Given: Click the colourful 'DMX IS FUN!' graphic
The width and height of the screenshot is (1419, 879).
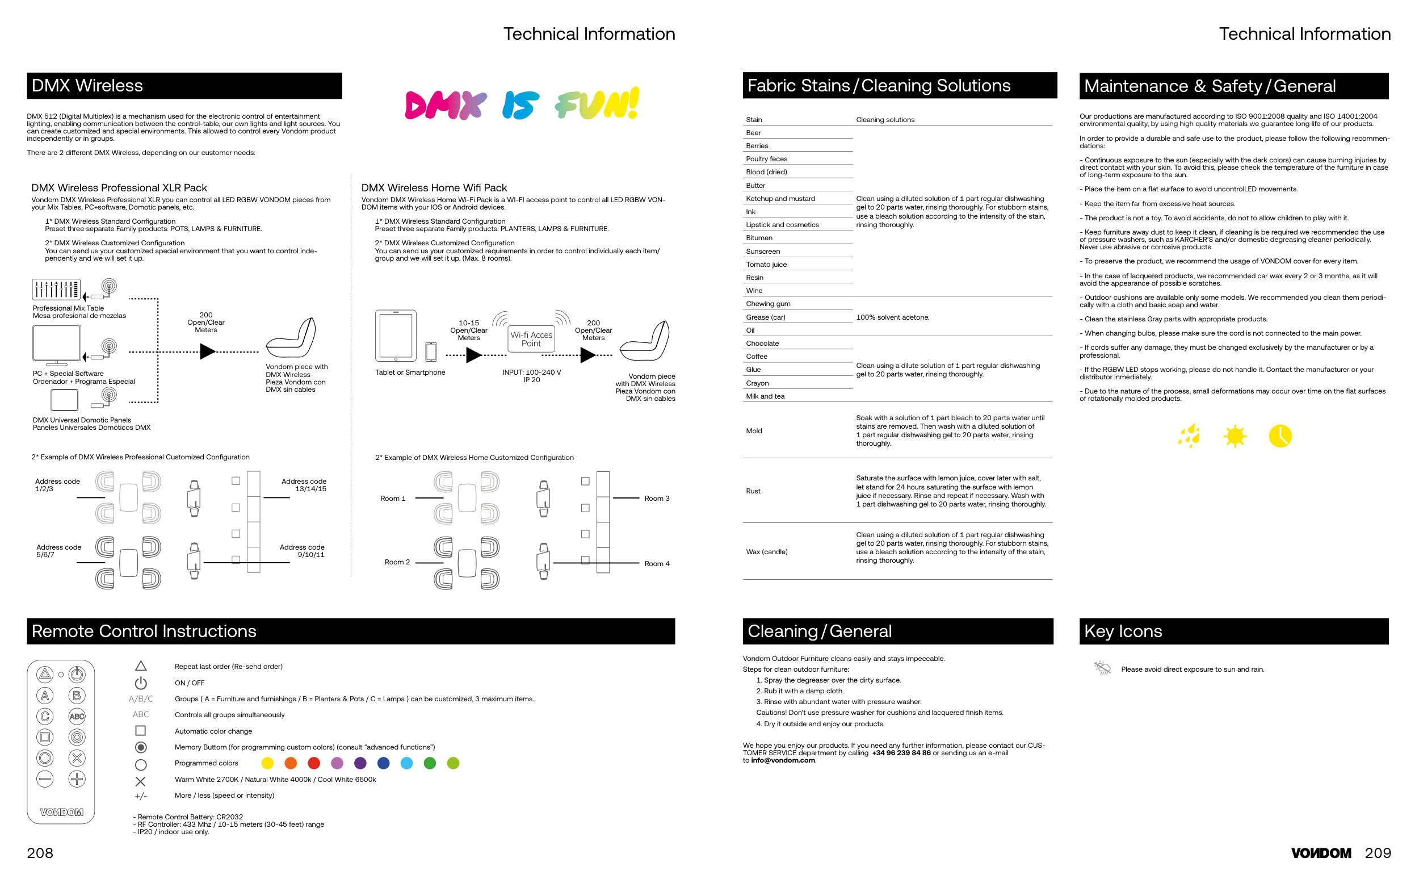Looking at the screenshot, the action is (x=522, y=103).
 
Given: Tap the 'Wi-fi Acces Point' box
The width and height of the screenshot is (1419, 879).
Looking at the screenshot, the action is (x=531, y=338).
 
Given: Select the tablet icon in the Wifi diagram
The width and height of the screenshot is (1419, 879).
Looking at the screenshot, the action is (x=396, y=336).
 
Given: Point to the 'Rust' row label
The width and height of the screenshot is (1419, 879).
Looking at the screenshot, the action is (x=753, y=491).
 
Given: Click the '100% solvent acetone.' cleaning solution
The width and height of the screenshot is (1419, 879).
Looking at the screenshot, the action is (x=892, y=317).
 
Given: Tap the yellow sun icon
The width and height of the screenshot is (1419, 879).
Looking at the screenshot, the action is (x=1234, y=436).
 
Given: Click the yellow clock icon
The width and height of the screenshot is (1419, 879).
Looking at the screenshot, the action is (x=1280, y=436).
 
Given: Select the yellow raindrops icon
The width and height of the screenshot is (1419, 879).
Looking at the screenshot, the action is (x=1189, y=436).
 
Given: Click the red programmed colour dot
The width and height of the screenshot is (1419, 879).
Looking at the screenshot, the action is (x=314, y=763).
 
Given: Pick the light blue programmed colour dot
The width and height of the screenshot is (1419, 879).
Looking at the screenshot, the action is (x=407, y=763).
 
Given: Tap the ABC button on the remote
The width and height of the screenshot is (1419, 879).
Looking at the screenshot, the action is (x=77, y=716).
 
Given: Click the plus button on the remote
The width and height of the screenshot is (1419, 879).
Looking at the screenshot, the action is (x=77, y=778).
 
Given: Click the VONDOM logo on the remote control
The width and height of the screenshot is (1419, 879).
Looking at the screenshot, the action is (x=61, y=811).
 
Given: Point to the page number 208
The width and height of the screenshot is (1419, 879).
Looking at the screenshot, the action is (x=40, y=853).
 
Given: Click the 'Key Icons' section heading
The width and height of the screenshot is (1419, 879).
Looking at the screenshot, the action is (x=1123, y=631).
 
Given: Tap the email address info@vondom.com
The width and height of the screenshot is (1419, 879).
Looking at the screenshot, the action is (x=783, y=760).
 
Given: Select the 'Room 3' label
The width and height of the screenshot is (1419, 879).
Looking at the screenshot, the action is (x=657, y=498).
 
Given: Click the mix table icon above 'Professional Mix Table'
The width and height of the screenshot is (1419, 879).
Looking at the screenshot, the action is (x=56, y=289).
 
